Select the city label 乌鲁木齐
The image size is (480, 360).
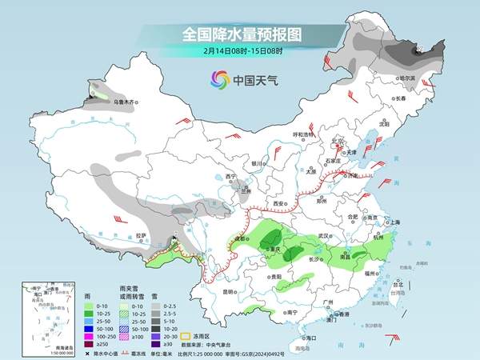(126, 102)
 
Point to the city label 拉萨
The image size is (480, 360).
(141, 235)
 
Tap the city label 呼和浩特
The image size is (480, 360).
(305, 134)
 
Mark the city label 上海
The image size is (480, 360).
(393, 222)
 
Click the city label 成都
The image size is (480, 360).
(238, 238)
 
